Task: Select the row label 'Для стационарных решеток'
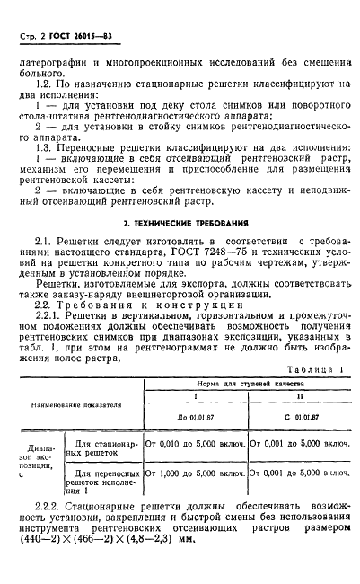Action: click(106, 447)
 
